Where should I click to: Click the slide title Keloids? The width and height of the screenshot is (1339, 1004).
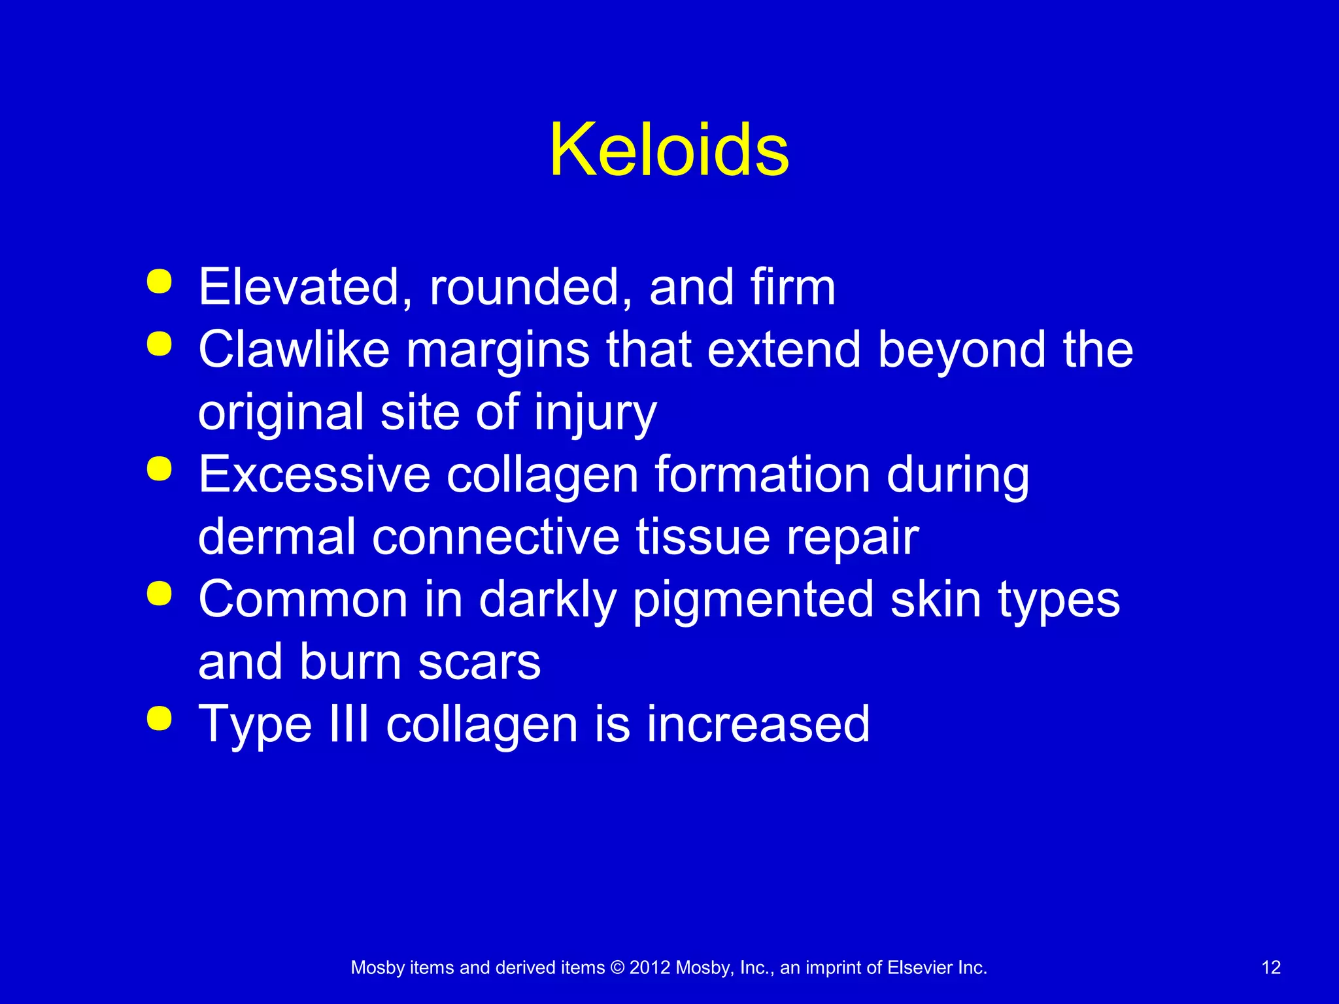coord(669,150)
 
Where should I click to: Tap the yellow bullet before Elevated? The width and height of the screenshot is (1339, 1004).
coord(160,282)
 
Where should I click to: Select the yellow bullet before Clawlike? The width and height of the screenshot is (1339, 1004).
coord(160,344)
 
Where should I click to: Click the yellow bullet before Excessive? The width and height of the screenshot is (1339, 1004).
coord(160,469)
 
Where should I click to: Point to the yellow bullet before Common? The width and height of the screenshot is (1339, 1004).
coord(160,594)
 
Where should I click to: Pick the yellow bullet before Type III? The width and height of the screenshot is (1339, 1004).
coord(160,718)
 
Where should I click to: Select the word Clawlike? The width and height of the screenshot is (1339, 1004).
coord(294,349)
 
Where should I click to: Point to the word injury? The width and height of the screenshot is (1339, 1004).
coord(595,413)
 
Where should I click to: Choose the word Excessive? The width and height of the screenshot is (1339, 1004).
coord(314,475)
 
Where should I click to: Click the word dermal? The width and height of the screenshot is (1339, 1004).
coord(277,537)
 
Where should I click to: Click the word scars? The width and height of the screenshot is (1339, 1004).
coord(479,662)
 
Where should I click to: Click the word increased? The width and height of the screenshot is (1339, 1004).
coord(758,724)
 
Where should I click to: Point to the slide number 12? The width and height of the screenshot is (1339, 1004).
coord(1270,967)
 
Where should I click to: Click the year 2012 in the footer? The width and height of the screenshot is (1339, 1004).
coord(649,967)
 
